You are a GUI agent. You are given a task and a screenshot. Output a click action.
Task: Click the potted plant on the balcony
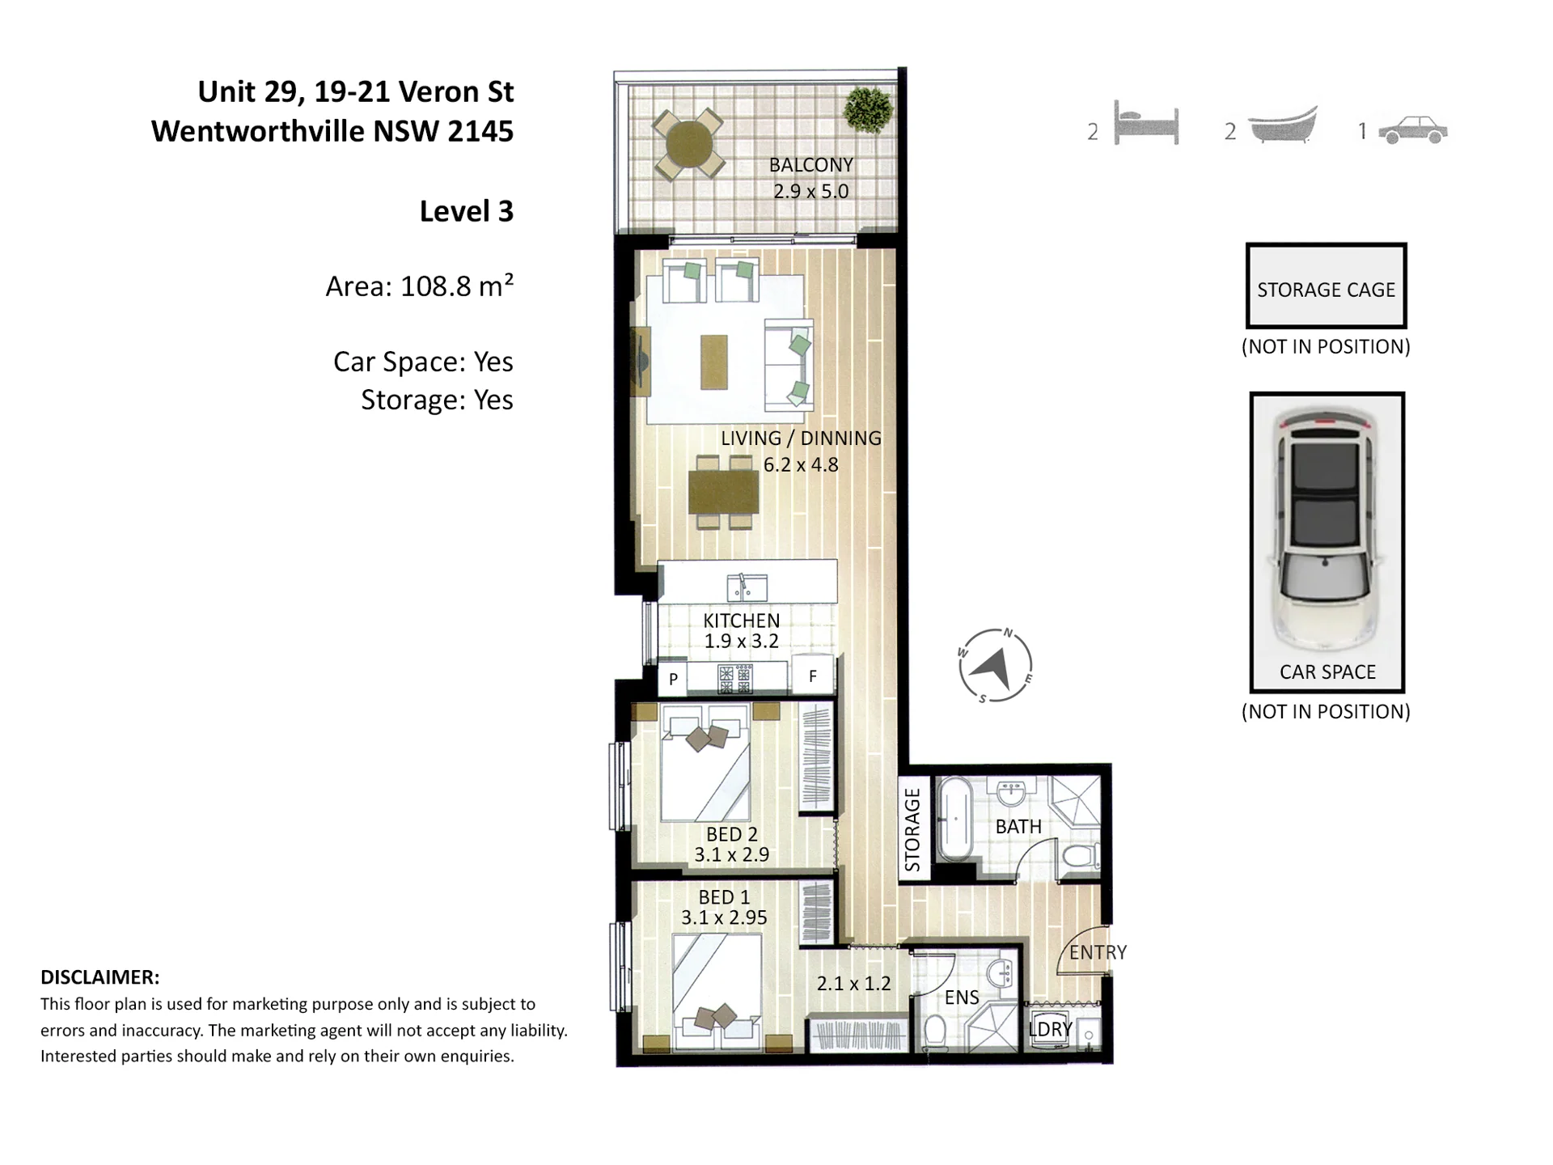868,108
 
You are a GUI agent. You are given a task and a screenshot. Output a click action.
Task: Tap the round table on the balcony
688,145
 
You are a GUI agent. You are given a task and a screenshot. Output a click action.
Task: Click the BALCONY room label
810,165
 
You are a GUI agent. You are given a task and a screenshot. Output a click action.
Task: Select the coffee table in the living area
714,362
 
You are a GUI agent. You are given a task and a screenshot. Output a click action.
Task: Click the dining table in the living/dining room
724,493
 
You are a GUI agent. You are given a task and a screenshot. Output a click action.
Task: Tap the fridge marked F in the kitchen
813,676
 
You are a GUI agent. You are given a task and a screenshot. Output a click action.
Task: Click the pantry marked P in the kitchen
673,679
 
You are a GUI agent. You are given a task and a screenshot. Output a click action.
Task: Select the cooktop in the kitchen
735,679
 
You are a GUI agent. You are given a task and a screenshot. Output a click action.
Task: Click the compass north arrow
994,667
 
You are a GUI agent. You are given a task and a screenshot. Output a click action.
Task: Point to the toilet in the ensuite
936,1033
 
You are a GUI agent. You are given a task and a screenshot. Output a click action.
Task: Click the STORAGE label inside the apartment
912,830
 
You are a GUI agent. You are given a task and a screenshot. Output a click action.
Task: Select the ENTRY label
1098,952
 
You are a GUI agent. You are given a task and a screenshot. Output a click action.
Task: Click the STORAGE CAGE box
1326,286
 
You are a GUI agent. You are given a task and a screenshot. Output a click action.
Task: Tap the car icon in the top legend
1412,130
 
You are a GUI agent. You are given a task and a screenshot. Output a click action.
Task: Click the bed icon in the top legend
1146,124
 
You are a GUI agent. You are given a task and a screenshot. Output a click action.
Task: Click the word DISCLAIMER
100,977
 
